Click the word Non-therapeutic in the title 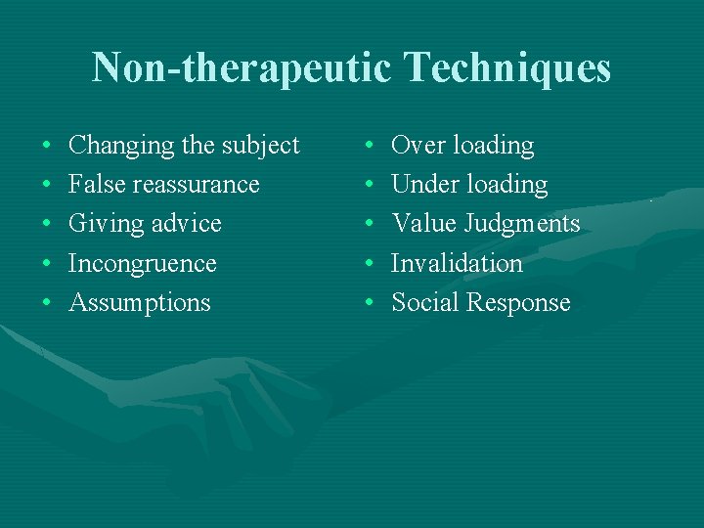(239, 68)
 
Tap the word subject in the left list (261, 147)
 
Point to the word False (96, 185)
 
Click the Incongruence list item (143, 264)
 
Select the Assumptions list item (140, 303)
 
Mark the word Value (423, 224)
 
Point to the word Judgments (522, 224)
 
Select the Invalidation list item (458, 263)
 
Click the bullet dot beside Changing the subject (47, 147)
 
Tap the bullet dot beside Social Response (370, 303)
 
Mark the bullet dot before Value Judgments (370, 225)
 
